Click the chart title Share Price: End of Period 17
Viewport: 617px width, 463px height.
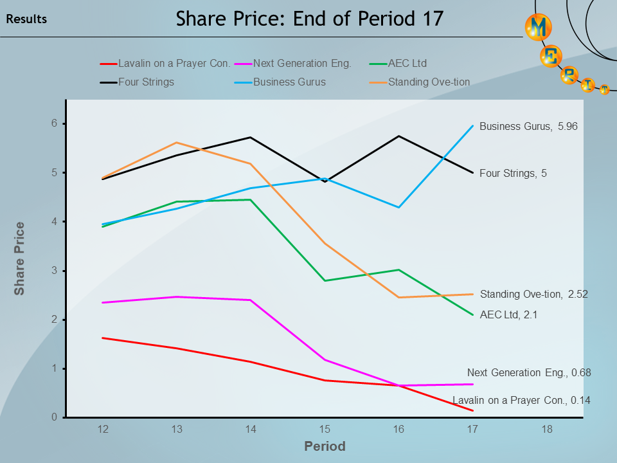pyautogui.click(x=309, y=19)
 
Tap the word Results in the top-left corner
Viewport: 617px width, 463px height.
pyautogui.click(x=26, y=19)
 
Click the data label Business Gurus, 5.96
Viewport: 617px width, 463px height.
pyautogui.click(x=528, y=127)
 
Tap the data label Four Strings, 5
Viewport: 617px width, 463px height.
pyautogui.click(x=513, y=173)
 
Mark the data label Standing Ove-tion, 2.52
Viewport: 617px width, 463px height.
pyautogui.click(x=533, y=294)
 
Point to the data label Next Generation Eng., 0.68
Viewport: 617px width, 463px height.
pyautogui.click(x=528, y=372)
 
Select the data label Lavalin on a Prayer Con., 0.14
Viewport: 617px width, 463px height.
pyautogui.click(x=521, y=400)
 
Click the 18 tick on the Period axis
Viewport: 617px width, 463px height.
pyautogui.click(x=547, y=429)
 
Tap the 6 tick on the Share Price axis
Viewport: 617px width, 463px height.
pyautogui.click(x=55, y=123)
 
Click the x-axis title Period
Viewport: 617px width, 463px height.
pyautogui.click(x=325, y=446)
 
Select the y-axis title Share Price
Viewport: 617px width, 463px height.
pyautogui.click(x=20, y=259)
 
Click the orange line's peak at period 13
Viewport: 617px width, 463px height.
pyautogui.click(x=177, y=143)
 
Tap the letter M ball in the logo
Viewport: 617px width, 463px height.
pyautogui.click(x=539, y=26)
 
